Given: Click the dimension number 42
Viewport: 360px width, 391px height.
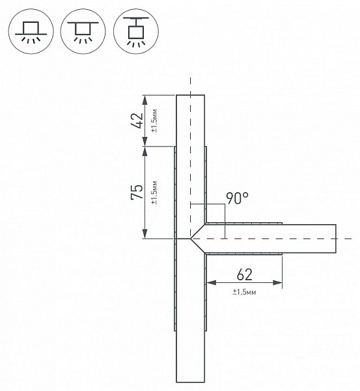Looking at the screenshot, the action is [x=137, y=121].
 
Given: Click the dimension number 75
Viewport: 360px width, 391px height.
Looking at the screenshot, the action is [x=137, y=192].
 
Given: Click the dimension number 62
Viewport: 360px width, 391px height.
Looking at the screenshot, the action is [x=244, y=274].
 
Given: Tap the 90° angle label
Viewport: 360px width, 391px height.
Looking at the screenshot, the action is [x=237, y=198].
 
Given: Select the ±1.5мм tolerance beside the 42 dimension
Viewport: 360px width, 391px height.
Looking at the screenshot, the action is [x=154, y=121].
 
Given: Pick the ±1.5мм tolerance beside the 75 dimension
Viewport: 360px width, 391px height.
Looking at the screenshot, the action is [x=154, y=192].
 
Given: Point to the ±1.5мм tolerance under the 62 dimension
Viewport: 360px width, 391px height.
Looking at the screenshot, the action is [x=244, y=292].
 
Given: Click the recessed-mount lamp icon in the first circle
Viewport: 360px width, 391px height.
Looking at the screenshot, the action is [x=31, y=31].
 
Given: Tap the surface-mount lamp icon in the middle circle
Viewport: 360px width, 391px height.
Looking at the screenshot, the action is [x=83, y=31].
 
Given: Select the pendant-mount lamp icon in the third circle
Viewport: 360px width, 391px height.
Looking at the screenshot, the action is [x=136, y=31].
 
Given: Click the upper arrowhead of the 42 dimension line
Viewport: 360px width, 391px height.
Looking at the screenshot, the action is [x=145, y=100].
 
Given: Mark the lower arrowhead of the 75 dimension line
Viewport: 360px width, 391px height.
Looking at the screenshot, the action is [x=145, y=234].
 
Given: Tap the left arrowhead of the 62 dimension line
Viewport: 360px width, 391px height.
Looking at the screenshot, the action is [x=212, y=283].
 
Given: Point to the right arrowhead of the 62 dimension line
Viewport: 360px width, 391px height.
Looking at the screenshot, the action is [x=277, y=283].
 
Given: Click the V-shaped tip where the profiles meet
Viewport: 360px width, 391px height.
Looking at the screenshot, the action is [x=191, y=239].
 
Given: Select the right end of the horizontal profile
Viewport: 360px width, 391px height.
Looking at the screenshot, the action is [x=336, y=239].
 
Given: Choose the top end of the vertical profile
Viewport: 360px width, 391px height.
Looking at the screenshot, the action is [x=191, y=95].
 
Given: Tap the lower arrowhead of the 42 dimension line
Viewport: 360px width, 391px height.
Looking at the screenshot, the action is [x=145, y=141].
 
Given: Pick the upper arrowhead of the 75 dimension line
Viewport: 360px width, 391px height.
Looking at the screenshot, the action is [x=145, y=151].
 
